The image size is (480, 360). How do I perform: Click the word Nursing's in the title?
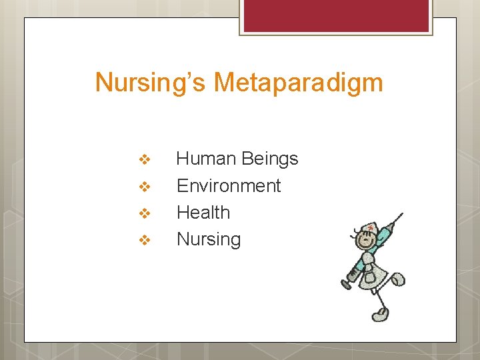pyautogui.click(x=151, y=83)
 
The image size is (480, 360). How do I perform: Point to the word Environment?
pyautogui.click(x=229, y=185)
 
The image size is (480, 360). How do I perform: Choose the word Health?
pyautogui.click(x=203, y=212)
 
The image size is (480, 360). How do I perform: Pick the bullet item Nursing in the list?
pyautogui.click(x=209, y=239)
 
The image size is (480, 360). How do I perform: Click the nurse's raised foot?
pyautogui.click(x=398, y=279)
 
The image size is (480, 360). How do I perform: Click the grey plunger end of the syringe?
pyautogui.click(x=347, y=283)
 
